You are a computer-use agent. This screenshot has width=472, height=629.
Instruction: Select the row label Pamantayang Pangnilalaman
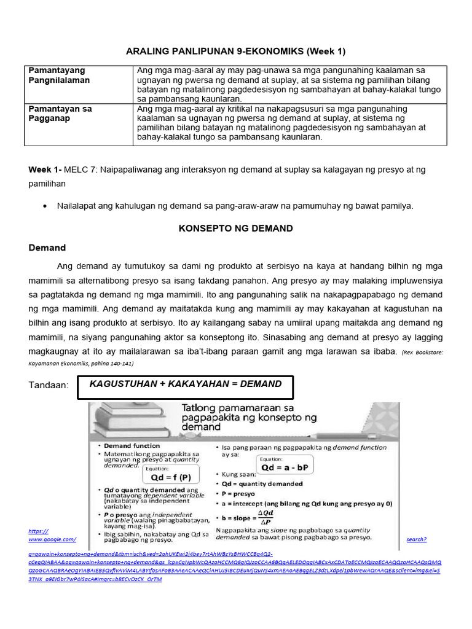(x=59, y=76)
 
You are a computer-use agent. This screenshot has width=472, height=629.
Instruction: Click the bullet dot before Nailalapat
(x=45, y=206)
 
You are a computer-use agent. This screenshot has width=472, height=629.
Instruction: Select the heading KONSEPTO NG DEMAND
(x=235, y=229)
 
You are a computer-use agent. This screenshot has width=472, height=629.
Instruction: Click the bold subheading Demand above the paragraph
(x=47, y=248)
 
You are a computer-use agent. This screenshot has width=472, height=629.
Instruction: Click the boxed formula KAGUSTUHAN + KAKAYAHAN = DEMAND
(x=185, y=384)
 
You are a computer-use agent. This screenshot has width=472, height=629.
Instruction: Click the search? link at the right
(x=416, y=539)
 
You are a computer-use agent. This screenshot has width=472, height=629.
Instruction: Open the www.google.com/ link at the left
(x=52, y=539)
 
